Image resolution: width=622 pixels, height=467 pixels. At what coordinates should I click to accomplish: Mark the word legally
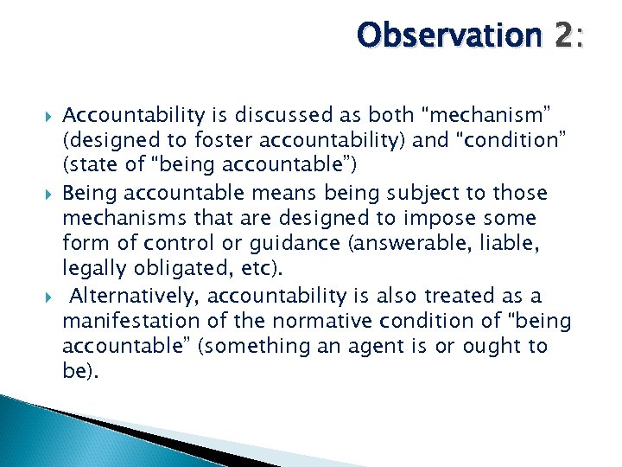95,270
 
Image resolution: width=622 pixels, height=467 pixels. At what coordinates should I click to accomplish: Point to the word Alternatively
136,296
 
